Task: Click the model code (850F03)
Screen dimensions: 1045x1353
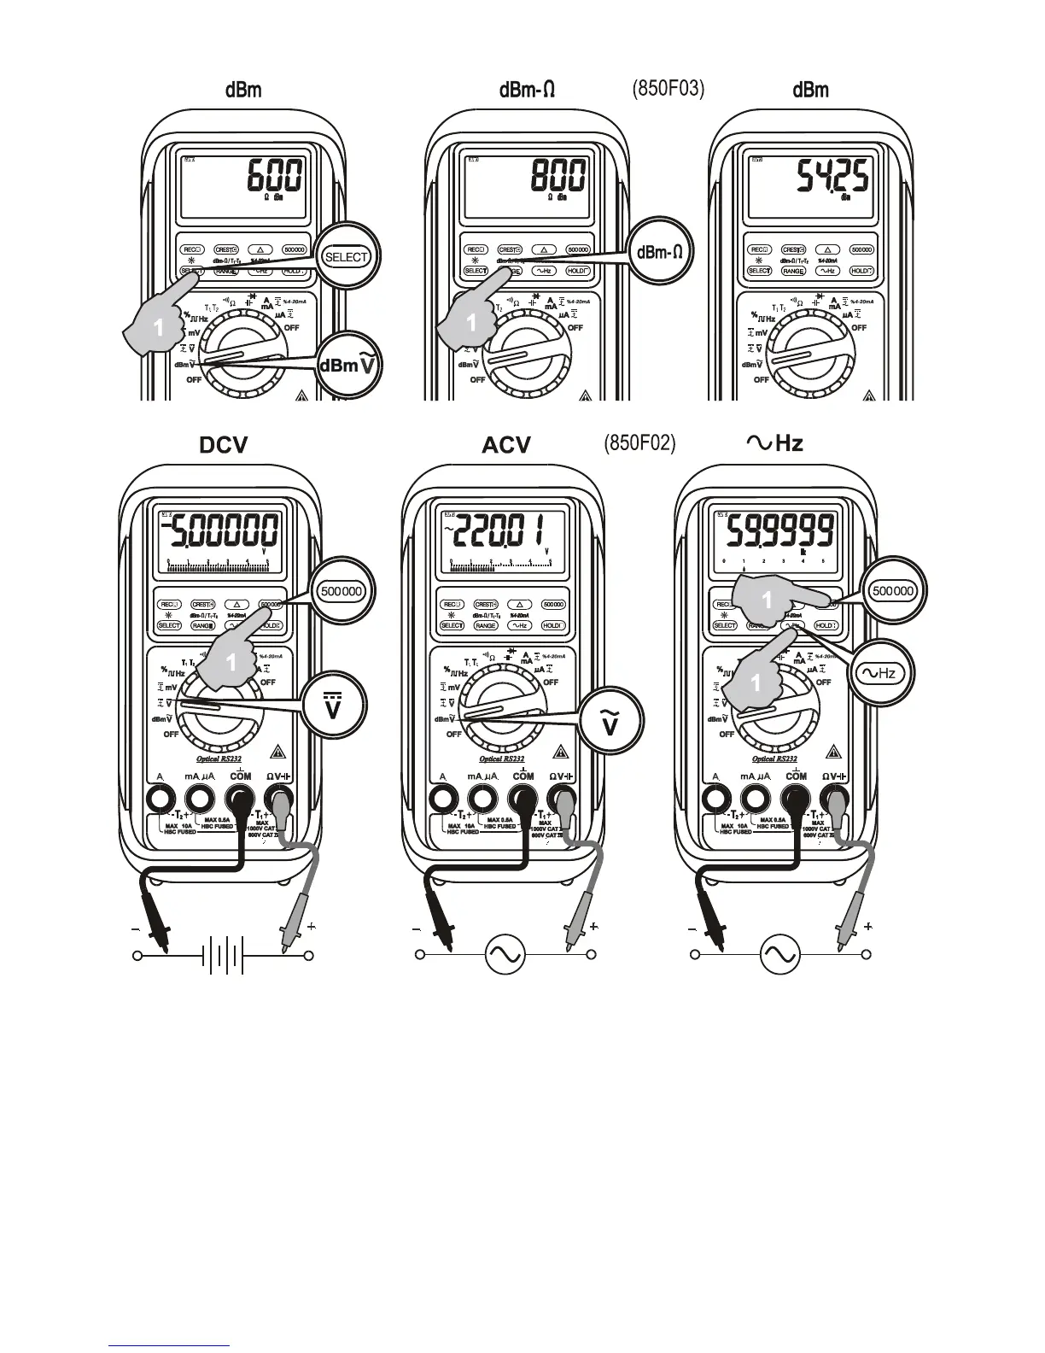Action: [x=668, y=89]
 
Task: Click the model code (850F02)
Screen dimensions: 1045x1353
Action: [x=639, y=442]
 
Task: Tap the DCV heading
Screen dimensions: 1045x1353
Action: [x=224, y=445]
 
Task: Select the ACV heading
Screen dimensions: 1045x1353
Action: [x=506, y=445]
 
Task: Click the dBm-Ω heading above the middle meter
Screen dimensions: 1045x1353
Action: [x=527, y=90]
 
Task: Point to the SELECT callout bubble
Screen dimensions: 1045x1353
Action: [x=347, y=256]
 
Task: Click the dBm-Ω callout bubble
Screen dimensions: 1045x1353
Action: [x=659, y=252]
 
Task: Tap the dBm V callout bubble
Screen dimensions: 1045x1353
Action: [x=349, y=366]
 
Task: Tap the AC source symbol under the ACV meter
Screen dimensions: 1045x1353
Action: [x=505, y=954]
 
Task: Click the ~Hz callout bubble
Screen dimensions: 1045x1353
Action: [x=879, y=673]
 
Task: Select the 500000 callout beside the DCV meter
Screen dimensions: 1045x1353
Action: [x=341, y=591]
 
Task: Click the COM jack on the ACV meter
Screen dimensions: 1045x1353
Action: [x=522, y=799]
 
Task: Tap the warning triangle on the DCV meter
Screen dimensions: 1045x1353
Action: [x=277, y=753]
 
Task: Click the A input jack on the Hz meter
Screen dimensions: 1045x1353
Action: [x=715, y=799]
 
